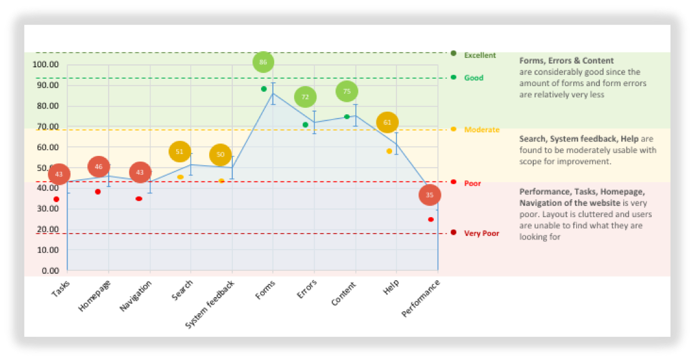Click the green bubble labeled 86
[263, 62]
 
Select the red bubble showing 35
[430, 195]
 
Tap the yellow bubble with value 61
[387, 122]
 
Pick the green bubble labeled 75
[346, 91]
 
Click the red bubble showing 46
[99, 167]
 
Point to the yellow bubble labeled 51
[180, 152]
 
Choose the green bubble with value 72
[305, 97]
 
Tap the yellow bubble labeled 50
[220, 155]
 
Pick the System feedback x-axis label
[211, 304]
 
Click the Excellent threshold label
[479, 56]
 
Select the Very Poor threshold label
[481, 233]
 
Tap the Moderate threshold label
[481, 130]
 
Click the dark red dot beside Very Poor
[453, 233]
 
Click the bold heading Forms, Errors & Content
[566, 61]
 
